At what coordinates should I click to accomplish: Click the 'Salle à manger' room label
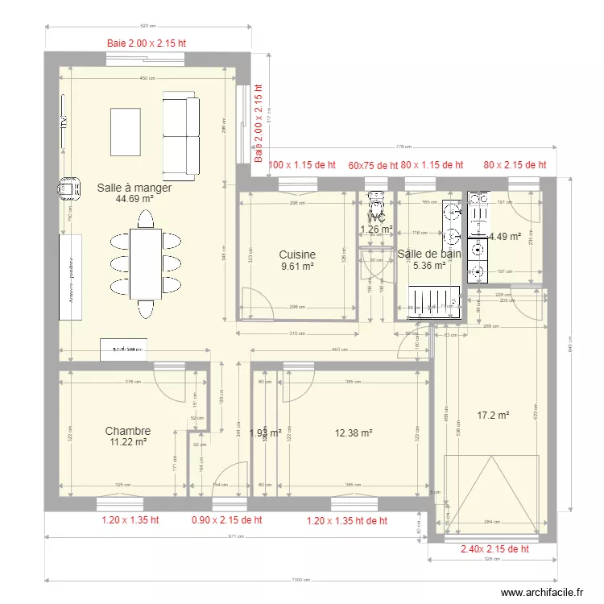(134, 188)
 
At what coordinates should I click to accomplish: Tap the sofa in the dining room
(181, 134)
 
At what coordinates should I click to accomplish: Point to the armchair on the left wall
(68, 188)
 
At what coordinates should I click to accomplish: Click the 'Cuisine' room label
(297, 254)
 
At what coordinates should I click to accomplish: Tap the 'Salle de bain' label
(429, 254)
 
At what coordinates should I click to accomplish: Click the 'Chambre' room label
(127, 431)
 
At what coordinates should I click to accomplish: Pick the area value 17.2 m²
(493, 416)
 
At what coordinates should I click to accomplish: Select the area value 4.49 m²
(506, 236)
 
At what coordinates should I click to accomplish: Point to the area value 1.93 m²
(265, 433)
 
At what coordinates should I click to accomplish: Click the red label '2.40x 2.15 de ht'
(494, 549)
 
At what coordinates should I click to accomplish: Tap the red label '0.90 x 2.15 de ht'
(226, 520)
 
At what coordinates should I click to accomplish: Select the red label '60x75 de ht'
(373, 165)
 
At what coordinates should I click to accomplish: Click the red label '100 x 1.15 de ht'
(302, 164)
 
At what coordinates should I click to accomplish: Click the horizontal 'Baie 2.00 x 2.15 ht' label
(147, 43)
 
